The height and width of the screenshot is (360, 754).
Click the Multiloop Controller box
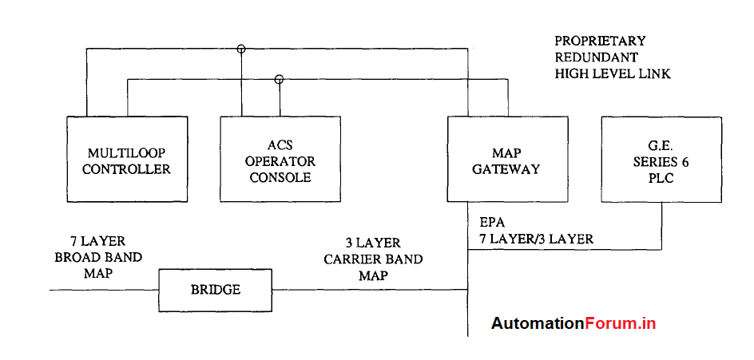click(127, 160)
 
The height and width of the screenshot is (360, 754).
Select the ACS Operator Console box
click(280, 160)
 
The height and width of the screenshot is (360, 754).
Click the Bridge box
click(216, 289)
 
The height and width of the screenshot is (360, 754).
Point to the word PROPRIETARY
click(600, 41)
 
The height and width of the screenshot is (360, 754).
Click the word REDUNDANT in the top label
click(596, 57)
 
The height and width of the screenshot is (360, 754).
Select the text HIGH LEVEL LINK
click(613, 73)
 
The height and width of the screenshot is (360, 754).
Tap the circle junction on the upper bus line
click(241, 49)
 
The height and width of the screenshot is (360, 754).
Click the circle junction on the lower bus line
click(279, 79)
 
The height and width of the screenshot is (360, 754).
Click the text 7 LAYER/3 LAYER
click(536, 239)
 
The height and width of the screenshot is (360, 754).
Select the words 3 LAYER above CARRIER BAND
click(373, 243)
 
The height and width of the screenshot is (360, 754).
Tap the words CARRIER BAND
click(373, 259)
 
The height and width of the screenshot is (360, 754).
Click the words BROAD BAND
click(98, 257)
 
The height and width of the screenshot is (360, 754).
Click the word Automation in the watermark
click(538, 323)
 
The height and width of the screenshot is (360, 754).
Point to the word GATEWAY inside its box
click(506, 169)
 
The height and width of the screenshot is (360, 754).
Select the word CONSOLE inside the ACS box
click(280, 177)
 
